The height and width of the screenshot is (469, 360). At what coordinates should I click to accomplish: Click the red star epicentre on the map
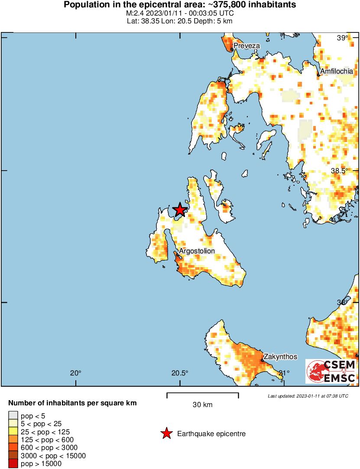click(x=180, y=210)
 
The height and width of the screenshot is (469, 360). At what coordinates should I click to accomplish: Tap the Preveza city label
click(x=246, y=45)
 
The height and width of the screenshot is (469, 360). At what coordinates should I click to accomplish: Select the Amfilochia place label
click(x=337, y=71)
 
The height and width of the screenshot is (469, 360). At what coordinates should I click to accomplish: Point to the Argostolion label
click(x=197, y=251)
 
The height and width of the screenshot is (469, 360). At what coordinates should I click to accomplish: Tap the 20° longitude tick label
click(x=76, y=373)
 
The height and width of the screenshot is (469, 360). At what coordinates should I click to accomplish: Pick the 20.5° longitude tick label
click(x=180, y=373)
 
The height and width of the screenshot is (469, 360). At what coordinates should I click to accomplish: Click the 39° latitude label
click(x=342, y=38)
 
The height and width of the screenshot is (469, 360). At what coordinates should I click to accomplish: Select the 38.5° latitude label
click(x=340, y=171)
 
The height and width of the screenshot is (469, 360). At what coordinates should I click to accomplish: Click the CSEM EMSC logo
click(x=331, y=371)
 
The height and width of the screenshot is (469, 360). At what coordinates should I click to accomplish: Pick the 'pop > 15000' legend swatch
click(x=13, y=463)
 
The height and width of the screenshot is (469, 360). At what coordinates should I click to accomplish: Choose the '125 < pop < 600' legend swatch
click(x=13, y=440)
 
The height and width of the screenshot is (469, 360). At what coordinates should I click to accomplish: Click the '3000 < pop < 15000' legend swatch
click(x=13, y=456)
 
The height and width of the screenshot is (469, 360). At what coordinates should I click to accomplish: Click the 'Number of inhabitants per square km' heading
click(x=72, y=403)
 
